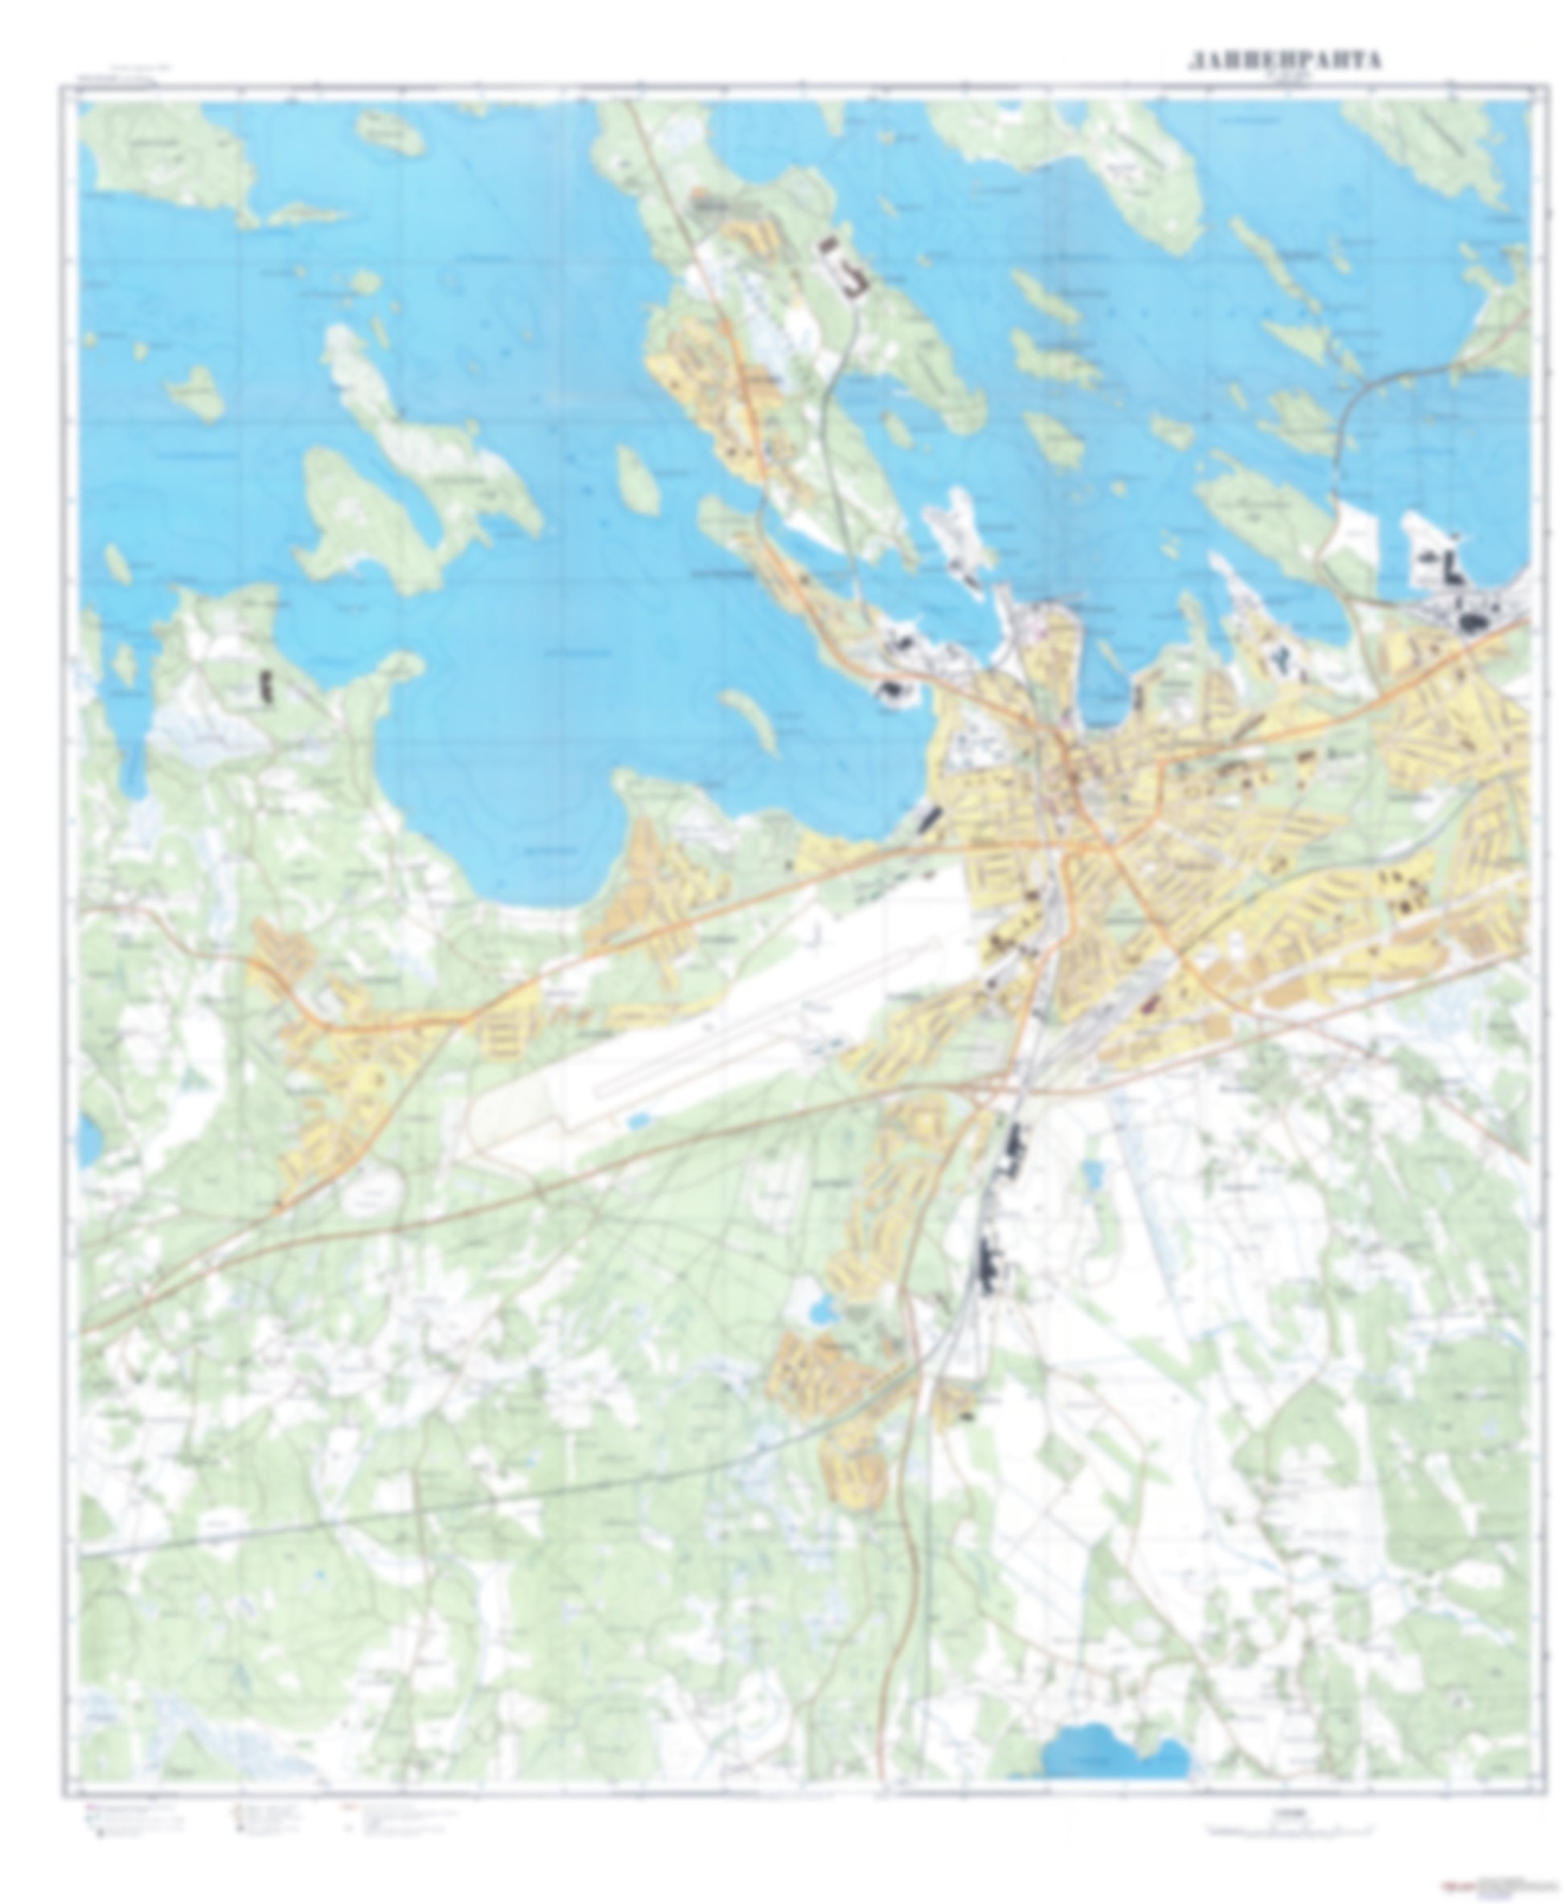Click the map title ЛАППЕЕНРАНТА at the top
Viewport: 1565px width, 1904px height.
(1284, 60)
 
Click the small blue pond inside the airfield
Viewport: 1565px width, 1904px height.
(639, 1120)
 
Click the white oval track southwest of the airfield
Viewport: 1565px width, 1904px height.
(372, 1196)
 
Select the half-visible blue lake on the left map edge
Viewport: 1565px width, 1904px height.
(88, 1140)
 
